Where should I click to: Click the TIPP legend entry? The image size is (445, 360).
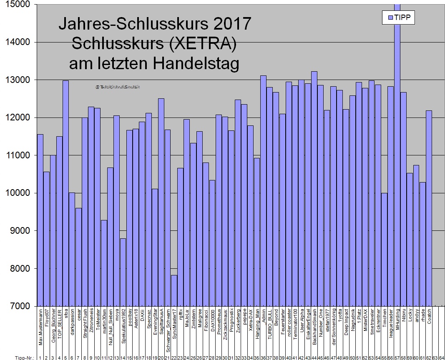[398, 17]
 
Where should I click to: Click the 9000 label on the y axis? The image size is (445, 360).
[19, 231]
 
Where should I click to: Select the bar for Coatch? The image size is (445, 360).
[429, 208]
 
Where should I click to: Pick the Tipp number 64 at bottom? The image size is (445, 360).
[441, 357]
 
